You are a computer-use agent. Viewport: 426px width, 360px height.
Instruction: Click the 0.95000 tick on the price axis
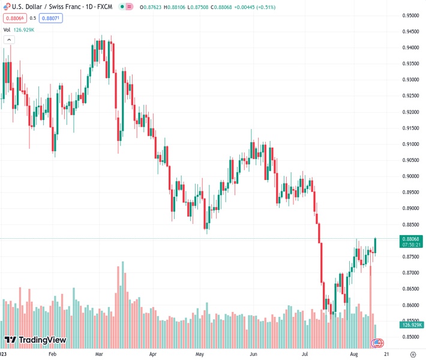click(410, 16)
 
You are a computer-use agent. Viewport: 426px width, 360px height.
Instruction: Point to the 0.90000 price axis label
click(410, 176)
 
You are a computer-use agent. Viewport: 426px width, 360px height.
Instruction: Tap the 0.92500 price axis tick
click(410, 96)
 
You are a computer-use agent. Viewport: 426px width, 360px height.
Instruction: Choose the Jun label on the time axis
click(254, 355)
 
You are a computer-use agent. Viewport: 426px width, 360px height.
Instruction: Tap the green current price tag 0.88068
click(411, 238)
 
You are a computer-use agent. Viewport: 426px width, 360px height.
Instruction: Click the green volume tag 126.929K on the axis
click(411, 325)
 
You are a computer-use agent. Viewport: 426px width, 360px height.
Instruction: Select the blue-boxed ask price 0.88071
click(51, 18)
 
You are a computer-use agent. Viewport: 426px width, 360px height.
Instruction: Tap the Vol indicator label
click(7, 29)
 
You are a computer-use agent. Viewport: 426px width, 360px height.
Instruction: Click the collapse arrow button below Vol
click(8, 40)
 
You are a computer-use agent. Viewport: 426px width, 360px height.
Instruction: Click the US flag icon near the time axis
click(377, 343)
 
